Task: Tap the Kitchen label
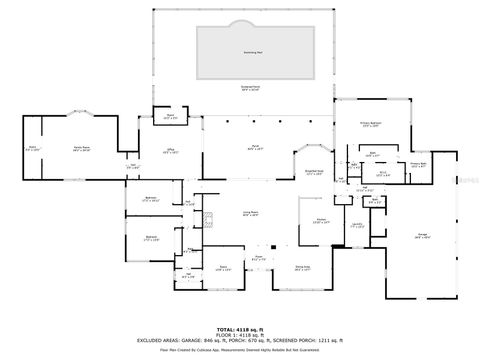coord(322,222)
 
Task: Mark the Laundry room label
coord(357,226)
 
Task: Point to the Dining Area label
coord(301,267)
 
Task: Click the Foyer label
coord(258,257)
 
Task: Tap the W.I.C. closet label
coord(381,172)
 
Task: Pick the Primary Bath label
coord(418,164)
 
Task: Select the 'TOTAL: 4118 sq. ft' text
coord(240,328)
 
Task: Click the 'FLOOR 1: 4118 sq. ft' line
coord(240,334)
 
